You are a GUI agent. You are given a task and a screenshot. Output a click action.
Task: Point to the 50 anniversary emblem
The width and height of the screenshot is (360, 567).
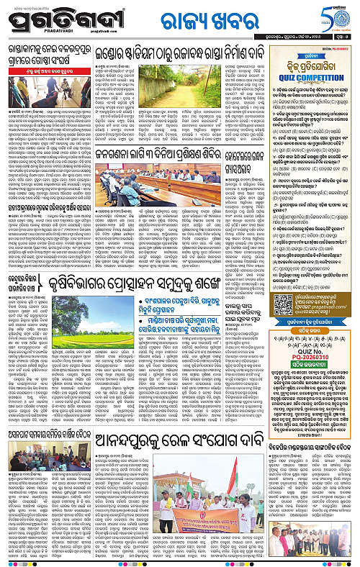coord(337,17)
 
